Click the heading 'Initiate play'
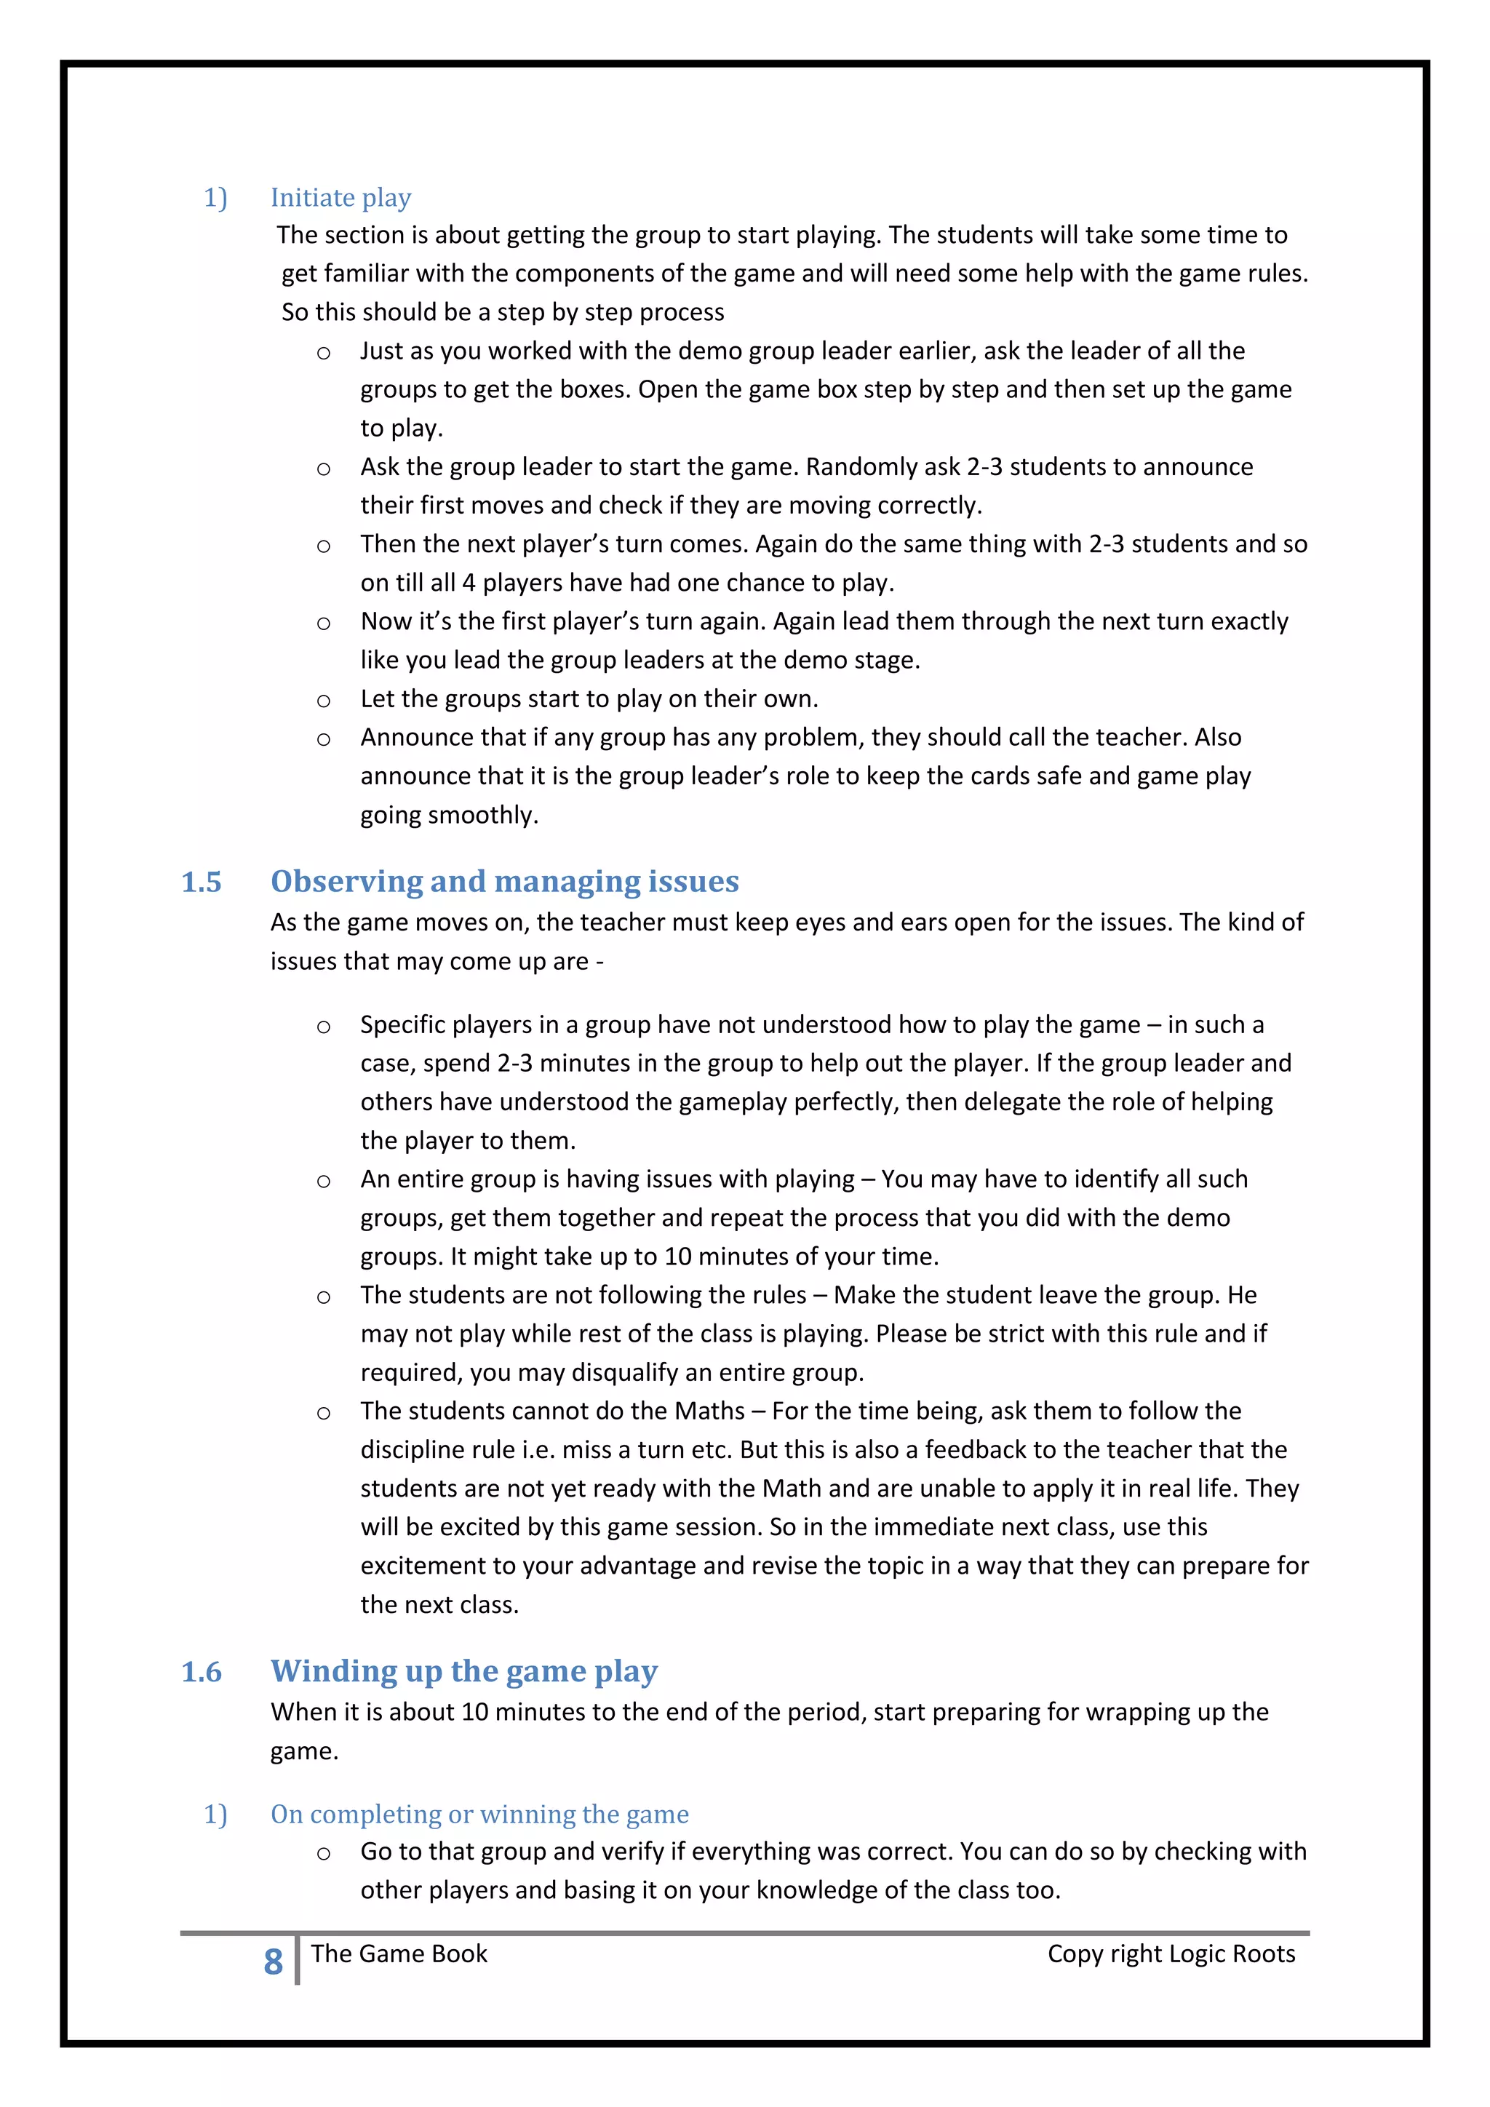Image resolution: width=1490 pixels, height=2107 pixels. click(x=340, y=197)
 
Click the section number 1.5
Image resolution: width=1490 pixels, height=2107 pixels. click(x=201, y=882)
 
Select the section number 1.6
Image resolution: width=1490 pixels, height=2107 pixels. click(x=201, y=1672)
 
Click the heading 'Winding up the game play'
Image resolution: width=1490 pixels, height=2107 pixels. click(x=463, y=1671)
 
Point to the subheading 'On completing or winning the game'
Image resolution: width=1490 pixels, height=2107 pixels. click(x=479, y=1815)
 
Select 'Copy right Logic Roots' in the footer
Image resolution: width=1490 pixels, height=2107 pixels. click(x=1171, y=1953)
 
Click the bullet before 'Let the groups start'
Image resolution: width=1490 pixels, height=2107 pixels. click(x=323, y=701)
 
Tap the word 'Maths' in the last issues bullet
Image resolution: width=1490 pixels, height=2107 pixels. click(x=709, y=1411)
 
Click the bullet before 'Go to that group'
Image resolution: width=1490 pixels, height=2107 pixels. click(x=323, y=1855)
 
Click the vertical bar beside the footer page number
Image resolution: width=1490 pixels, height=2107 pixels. click(x=298, y=1960)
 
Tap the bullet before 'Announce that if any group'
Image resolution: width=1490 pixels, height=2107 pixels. click(x=323, y=740)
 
